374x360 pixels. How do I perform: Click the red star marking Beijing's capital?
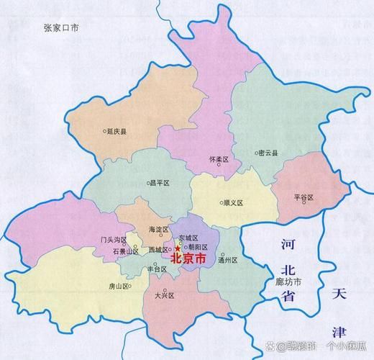pyautogui.click(x=177, y=248)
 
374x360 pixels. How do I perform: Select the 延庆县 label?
pyautogui.click(x=117, y=132)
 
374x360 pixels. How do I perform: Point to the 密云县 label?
pyautogui.click(x=268, y=153)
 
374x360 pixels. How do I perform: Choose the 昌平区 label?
pyautogui.click(x=159, y=183)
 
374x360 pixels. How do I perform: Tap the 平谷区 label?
pyautogui.click(x=305, y=197)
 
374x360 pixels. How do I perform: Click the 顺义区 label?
pyautogui.click(x=233, y=203)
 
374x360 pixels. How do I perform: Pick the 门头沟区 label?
pyautogui.click(x=114, y=239)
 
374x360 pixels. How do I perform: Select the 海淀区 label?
pyautogui.click(x=157, y=229)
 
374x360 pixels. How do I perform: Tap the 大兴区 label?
pyautogui.click(x=165, y=295)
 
